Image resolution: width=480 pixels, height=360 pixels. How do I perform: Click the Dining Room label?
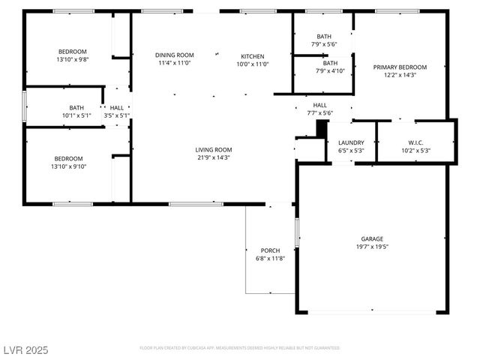pyautogui.click(x=175, y=55)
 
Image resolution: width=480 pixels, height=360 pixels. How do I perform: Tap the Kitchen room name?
pyautogui.click(x=252, y=56)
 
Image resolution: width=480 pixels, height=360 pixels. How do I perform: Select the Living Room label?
pyautogui.click(x=214, y=149)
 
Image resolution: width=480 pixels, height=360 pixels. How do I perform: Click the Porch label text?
pyautogui.click(x=270, y=250)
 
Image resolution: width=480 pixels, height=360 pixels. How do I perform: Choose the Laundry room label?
pyautogui.click(x=351, y=142)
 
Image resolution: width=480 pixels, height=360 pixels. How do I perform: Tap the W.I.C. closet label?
pyautogui.click(x=416, y=142)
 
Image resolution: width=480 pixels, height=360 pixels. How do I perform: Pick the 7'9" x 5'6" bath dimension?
pyautogui.click(x=323, y=44)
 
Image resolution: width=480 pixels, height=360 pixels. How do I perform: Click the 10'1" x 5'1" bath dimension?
pyautogui.click(x=76, y=115)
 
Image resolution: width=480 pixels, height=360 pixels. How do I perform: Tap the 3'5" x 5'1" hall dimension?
pyautogui.click(x=117, y=115)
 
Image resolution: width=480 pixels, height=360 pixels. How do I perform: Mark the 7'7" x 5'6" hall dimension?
pyautogui.click(x=319, y=113)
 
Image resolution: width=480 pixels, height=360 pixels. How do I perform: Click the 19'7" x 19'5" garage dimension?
pyautogui.click(x=372, y=245)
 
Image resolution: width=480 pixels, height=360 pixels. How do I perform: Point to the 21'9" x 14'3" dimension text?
pyautogui.click(x=214, y=157)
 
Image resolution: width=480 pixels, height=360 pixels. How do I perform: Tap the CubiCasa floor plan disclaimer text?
pyautogui.click(x=240, y=348)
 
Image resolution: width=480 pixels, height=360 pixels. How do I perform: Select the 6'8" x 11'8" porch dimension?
pyautogui.click(x=270, y=258)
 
